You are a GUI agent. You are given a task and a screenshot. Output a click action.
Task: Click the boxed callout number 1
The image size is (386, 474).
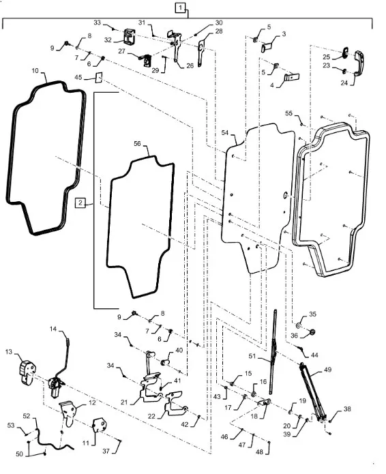tap(181, 8)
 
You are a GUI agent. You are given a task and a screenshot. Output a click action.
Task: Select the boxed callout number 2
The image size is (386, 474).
tap(80, 203)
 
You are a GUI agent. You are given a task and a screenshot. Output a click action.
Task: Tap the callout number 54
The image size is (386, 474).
tap(225, 133)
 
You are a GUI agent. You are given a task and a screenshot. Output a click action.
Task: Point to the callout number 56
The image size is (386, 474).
tap(138, 144)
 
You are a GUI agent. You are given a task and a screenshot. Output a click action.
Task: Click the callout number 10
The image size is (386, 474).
tap(35, 70)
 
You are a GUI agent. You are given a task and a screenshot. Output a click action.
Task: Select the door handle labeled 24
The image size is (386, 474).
tap(359, 63)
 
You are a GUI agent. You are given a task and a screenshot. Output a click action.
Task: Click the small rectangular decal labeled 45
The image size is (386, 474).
tap(99, 77)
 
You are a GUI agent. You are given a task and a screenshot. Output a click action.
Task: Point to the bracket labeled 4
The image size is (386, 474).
tap(291, 77)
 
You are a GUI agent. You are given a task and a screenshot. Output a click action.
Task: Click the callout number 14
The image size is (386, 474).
tap(53, 329)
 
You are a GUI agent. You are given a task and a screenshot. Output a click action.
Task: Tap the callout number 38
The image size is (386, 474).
tap(347, 409)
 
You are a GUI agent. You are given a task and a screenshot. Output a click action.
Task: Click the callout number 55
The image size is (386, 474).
tap(289, 113)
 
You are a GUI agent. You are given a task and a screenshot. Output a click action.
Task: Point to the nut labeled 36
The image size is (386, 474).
tap(312, 332)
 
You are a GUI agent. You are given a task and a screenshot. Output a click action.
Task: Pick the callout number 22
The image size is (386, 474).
tap(151, 416)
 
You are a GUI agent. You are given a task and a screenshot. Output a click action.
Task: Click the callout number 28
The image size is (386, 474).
tap(219, 31)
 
